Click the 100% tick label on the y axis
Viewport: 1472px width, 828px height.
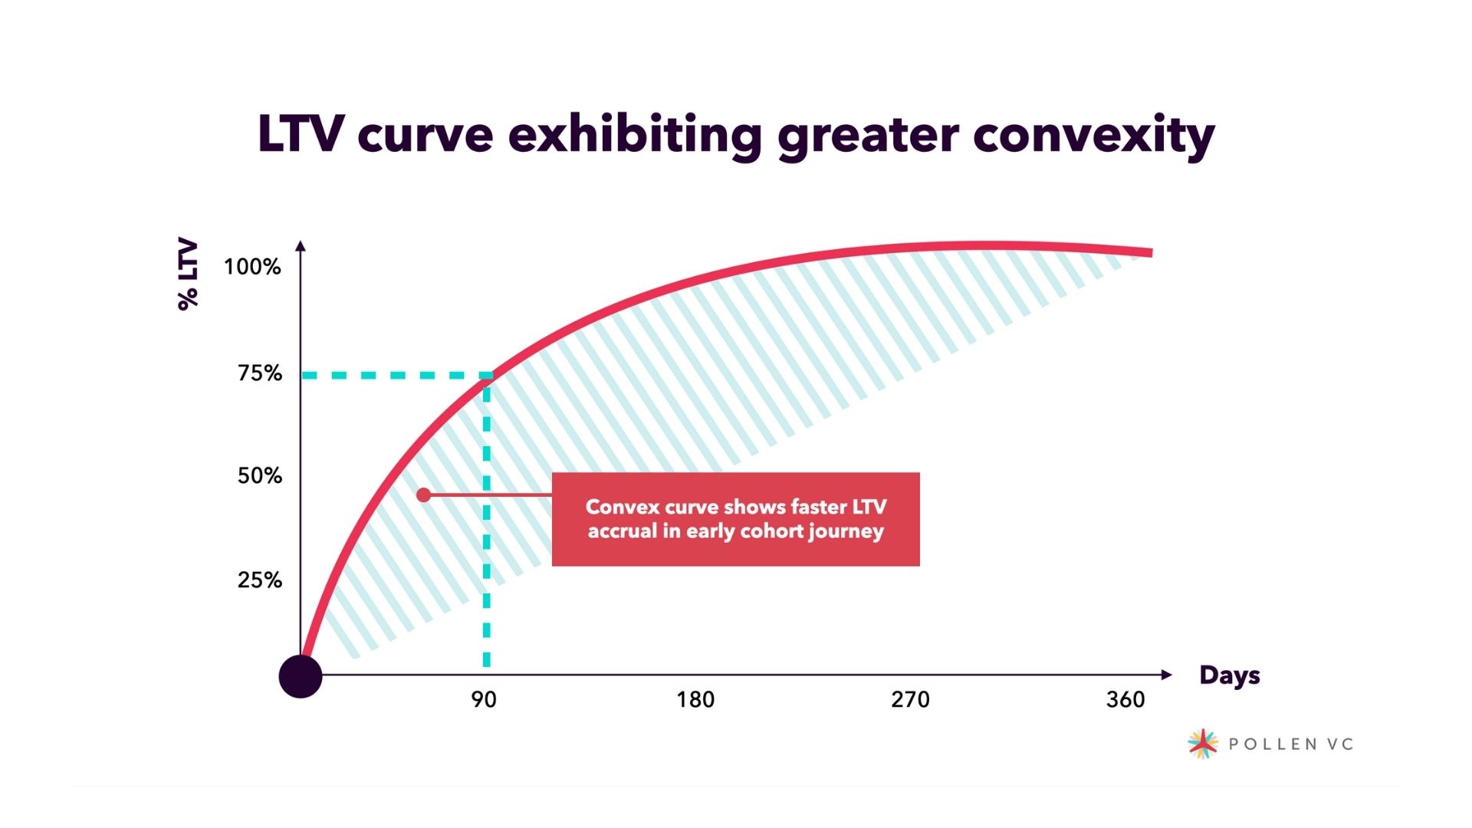252,267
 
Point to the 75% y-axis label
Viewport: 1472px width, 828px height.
260,373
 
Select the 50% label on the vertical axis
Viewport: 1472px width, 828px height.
260,476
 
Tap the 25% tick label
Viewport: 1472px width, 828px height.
260,580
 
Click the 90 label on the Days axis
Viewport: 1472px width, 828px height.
484,699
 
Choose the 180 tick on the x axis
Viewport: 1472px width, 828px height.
695,699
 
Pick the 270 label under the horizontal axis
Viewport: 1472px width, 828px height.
910,699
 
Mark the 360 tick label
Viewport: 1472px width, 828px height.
1125,699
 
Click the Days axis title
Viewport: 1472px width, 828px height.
1230,675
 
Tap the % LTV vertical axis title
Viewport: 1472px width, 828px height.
188,274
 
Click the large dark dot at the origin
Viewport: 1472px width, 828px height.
301,676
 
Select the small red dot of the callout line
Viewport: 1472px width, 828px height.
423,495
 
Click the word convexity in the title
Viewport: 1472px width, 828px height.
1094,136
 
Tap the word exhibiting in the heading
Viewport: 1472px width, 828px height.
635,136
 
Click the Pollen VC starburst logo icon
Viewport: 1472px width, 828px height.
1202,743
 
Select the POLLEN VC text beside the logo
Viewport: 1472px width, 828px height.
1291,744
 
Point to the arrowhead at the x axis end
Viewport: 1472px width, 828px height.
1166,675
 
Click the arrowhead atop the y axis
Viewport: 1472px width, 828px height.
301,246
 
